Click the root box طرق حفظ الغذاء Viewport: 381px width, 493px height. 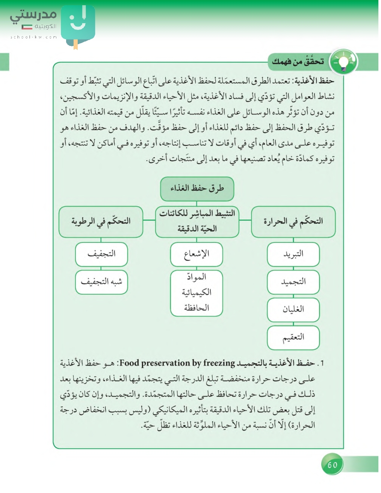[197, 189]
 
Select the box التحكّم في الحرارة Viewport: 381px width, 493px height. [293, 221]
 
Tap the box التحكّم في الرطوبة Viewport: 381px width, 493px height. [101, 221]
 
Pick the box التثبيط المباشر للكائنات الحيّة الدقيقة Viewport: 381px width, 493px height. [197, 221]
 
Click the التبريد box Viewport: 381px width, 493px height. [293, 254]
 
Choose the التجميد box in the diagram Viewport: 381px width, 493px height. [293, 282]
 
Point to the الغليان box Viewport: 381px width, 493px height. [293, 310]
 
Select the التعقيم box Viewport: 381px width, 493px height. [293, 337]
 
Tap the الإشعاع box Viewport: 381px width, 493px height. [196, 254]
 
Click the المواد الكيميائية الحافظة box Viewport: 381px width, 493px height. [196, 293]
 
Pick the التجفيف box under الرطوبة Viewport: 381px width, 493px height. [101, 254]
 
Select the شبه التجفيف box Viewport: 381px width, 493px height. [101, 282]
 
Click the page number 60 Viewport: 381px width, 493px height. [332, 465]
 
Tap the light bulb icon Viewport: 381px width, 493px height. [343, 62]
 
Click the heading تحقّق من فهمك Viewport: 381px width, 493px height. [298, 62]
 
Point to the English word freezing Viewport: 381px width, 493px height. [219, 363]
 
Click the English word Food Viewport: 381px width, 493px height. [129, 363]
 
